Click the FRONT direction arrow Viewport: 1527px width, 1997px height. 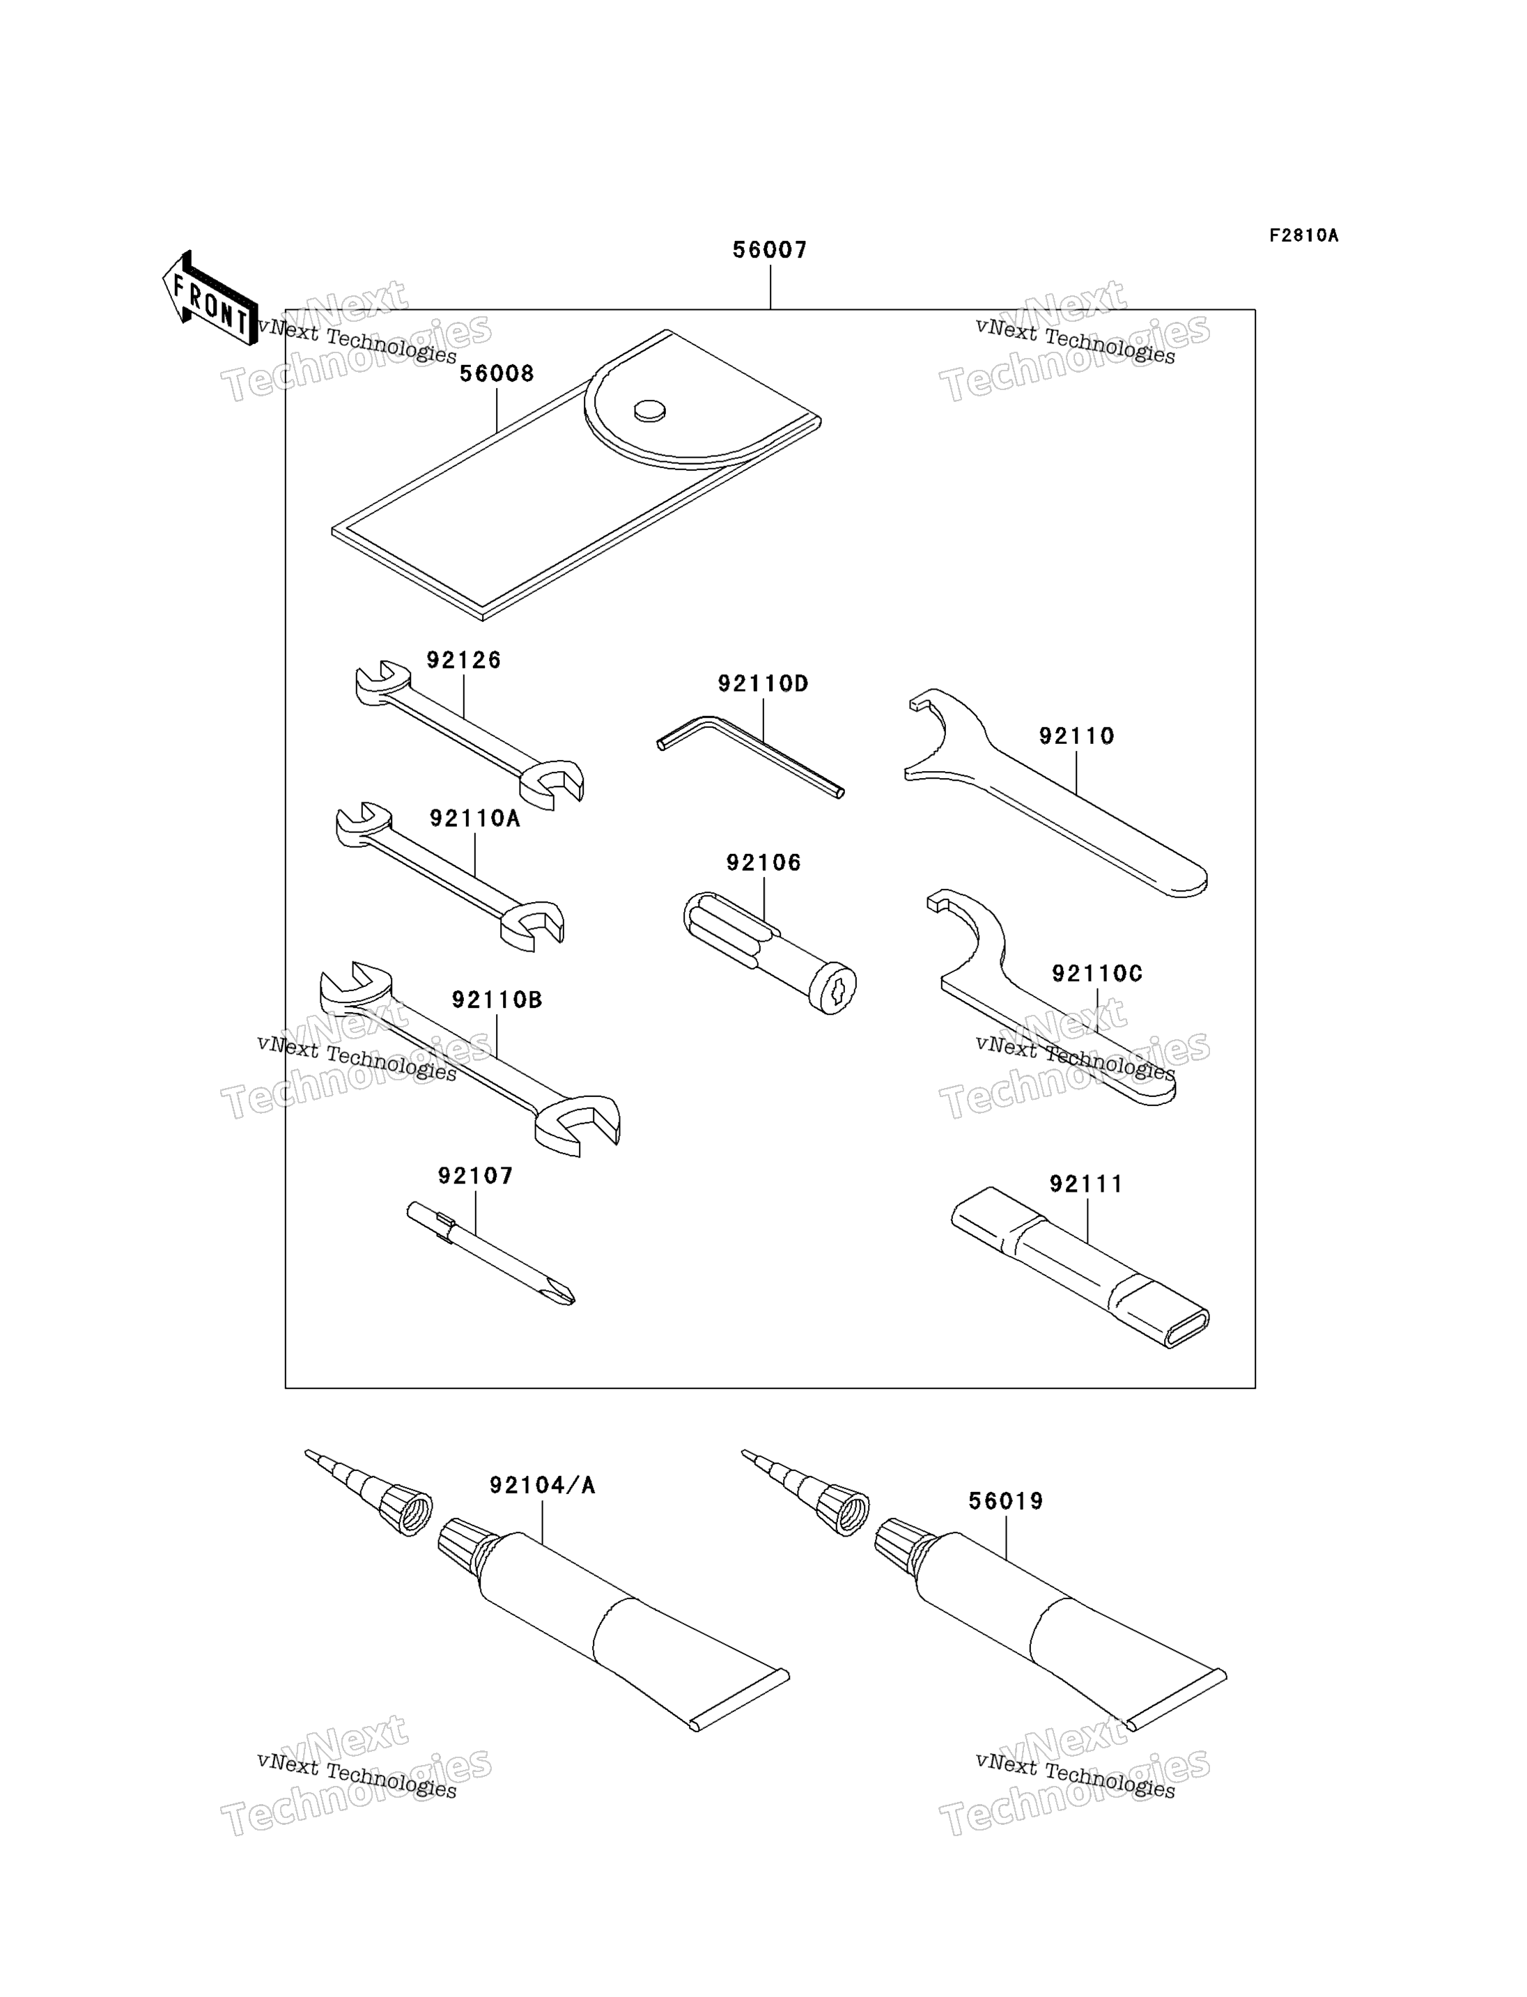tap(210, 299)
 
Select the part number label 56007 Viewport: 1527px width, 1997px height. tap(770, 250)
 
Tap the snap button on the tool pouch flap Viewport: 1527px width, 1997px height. tap(649, 411)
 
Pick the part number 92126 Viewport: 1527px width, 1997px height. tap(463, 660)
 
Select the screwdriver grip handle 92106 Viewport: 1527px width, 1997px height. tap(770, 953)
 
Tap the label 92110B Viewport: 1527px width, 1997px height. tap(497, 1000)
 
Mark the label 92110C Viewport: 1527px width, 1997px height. tap(1097, 974)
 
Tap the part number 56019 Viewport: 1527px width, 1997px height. tap(1006, 1502)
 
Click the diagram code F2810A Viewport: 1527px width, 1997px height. tap(1304, 235)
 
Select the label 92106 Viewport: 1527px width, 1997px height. tap(763, 862)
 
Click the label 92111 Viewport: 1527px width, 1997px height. tap(1086, 1184)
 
